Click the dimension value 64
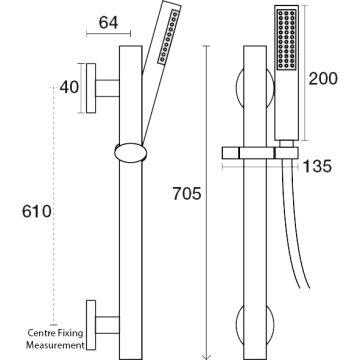click(108, 22)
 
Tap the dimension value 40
click(69, 87)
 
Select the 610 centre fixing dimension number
click(37, 211)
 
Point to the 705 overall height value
click(187, 194)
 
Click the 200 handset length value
click(323, 79)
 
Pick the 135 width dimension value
click(317, 166)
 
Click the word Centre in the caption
click(39, 333)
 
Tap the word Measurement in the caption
click(55, 345)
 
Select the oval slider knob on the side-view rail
click(130, 153)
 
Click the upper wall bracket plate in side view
click(91, 88)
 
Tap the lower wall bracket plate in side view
click(91, 325)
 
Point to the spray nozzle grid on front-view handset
click(286, 40)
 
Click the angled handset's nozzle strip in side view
click(169, 37)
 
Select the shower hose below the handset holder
click(295, 227)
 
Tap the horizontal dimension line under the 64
click(108, 33)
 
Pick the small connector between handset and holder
click(286, 143)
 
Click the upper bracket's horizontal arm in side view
click(108, 88)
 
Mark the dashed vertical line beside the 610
click(53, 206)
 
